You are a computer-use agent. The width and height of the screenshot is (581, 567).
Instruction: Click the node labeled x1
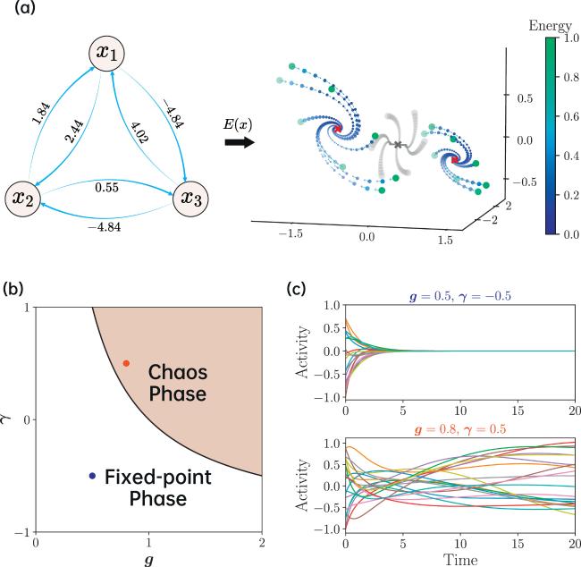coord(106,54)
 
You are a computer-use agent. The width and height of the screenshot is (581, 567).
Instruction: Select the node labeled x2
coord(22,199)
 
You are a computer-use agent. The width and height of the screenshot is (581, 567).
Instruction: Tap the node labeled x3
coord(190,198)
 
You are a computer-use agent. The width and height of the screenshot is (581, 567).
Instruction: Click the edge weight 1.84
coord(41,113)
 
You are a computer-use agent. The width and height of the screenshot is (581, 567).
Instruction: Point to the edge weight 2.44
coord(74,131)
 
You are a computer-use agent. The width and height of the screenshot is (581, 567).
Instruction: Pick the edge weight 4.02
coord(140,131)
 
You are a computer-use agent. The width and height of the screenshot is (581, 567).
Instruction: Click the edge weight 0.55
coord(106,187)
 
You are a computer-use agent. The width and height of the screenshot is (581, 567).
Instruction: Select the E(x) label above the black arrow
coord(238,124)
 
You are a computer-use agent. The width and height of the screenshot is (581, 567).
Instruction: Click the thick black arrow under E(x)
coord(240,142)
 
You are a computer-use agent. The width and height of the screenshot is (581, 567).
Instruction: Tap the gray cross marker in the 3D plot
coord(398,145)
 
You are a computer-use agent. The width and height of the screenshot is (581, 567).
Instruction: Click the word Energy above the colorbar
coord(550,26)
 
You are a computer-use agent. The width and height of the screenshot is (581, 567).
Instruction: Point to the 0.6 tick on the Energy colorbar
coord(571,116)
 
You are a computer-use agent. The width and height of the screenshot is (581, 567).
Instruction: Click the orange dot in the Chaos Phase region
coord(126,363)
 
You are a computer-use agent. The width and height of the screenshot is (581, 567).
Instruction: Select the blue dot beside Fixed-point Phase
coord(92,476)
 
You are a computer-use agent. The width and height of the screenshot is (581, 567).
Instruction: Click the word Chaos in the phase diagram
coord(178,372)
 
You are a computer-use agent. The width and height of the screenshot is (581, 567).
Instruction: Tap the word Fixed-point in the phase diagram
coord(158,478)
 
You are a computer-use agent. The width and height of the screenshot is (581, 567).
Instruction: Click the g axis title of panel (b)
coord(148,560)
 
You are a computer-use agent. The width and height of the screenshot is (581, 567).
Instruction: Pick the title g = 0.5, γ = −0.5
coord(459,296)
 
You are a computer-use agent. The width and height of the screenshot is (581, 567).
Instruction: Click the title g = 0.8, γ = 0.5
coord(459,429)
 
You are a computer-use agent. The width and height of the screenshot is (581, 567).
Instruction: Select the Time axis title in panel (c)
coord(460,559)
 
